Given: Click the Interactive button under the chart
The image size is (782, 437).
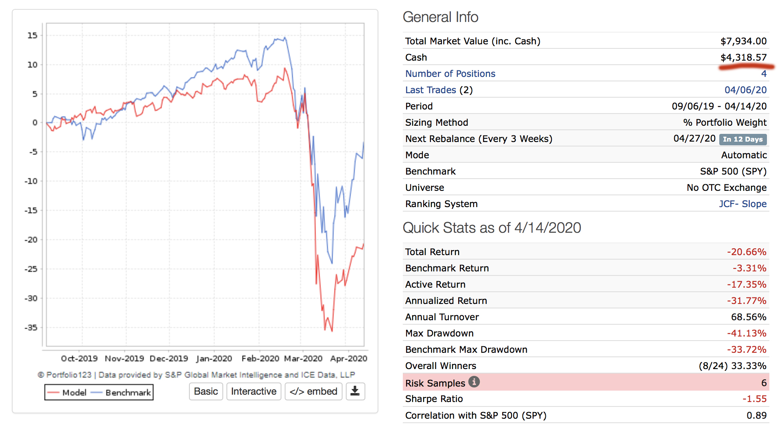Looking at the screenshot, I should coord(253,391).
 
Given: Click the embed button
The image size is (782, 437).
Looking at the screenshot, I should coord(313,391).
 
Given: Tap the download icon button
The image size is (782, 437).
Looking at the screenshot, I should coord(355,391).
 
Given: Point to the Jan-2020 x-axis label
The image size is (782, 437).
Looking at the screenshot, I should coord(214,358).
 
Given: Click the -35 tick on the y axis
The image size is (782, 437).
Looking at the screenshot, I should coord(31,328).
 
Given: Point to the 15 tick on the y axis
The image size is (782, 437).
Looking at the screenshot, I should coord(33,35).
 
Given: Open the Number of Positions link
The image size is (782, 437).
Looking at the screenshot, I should coord(450,74).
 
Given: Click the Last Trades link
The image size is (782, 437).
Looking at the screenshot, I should coord(431,90).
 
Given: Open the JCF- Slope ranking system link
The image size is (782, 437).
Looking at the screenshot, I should coord(742,204).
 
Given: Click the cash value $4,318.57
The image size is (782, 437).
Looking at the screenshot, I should coord(743,57).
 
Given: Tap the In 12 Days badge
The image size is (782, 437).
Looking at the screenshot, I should coord(742,139).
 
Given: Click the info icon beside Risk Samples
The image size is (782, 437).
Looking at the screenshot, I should coord(474,382).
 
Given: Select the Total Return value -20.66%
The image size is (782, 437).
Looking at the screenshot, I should coord(747,252).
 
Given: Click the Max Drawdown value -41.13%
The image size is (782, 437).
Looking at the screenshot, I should coord(747,333).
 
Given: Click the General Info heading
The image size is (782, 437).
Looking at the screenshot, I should coord(440,17).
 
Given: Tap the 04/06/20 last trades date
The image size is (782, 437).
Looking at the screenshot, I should coord(745,90).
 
